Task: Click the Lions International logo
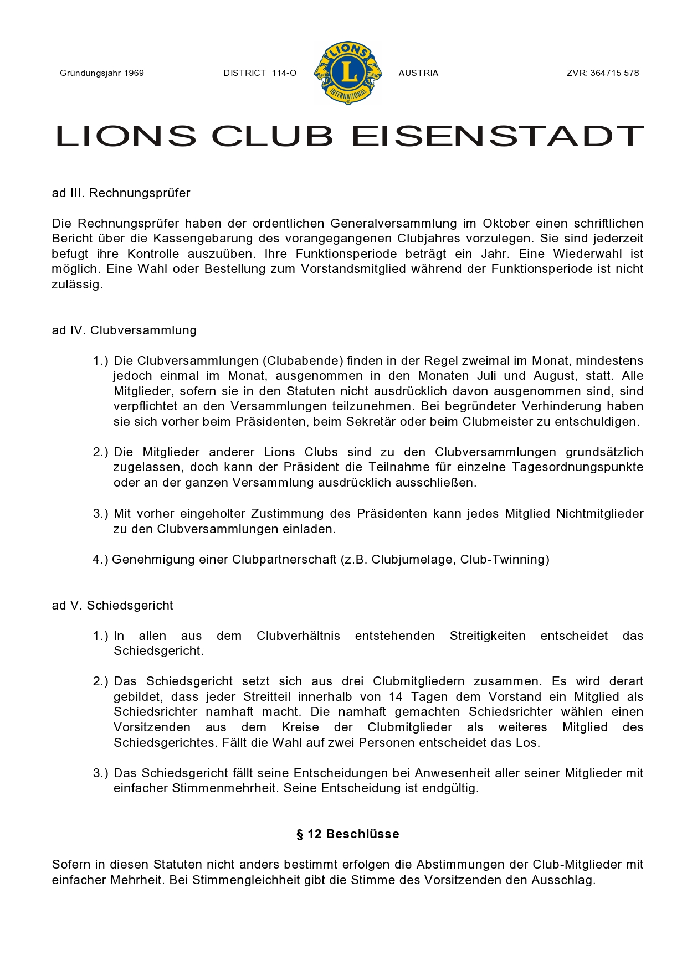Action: tap(348, 73)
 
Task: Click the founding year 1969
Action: tap(134, 73)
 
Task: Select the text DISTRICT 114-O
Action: tap(260, 73)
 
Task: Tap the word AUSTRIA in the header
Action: tap(418, 73)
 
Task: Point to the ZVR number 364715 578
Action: tap(614, 73)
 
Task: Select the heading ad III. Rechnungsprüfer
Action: tap(121, 193)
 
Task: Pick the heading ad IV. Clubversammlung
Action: tap(124, 330)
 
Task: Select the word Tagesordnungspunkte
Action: tap(577, 467)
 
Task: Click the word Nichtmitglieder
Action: tap(599, 514)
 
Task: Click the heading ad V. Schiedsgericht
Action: tap(112, 606)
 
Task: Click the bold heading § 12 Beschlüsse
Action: tap(348, 834)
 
